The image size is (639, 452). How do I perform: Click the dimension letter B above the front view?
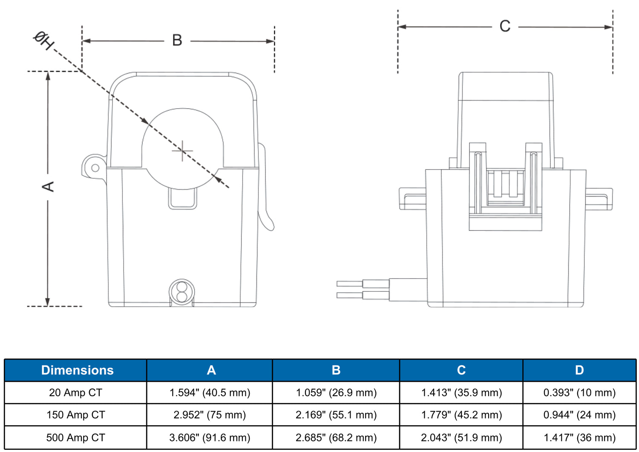[177, 40]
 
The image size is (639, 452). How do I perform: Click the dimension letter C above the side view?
[505, 26]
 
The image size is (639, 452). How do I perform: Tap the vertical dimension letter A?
[48, 187]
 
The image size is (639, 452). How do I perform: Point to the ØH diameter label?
[43, 40]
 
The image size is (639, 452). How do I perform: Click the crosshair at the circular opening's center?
[182, 151]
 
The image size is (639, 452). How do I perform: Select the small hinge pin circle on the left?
[95, 168]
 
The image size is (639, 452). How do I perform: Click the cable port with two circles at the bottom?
[182, 292]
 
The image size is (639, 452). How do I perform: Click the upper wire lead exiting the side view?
[362, 284]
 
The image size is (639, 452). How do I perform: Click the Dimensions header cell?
[77, 370]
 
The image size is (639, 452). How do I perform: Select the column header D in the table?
[579, 370]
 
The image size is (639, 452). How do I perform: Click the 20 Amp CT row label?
[75, 393]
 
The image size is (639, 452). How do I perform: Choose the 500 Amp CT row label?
[75, 438]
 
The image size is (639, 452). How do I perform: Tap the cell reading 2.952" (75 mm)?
[210, 415]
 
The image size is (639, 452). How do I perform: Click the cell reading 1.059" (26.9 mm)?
[336, 393]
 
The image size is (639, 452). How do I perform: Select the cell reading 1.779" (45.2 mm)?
[461, 415]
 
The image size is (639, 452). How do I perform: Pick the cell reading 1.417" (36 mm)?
[579, 438]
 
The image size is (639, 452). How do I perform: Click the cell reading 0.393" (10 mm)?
[579, 393]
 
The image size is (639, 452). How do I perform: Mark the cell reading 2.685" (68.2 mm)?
[336, 438]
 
